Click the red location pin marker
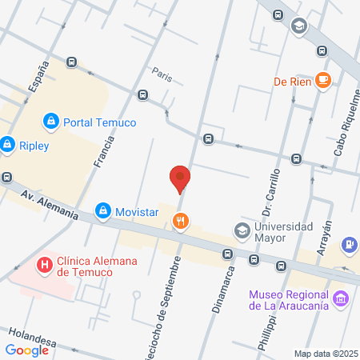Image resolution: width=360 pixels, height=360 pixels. pyautogui.click(x=181, y=178)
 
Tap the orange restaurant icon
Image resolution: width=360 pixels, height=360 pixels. pyautogui.click(x=182, y=221)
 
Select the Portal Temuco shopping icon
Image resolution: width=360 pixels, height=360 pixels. pyautogui.click(x=50, y=122)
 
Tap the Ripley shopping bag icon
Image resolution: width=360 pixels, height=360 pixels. pyautogui.click(x=8, y=145)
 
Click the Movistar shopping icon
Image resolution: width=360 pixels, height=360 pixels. pyautogui.click(x=102, y=211)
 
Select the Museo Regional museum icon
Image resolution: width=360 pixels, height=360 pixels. pyautogui.click(x=341, y=298)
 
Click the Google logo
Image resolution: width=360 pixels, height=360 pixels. pyautogui.click(x=27, y=350)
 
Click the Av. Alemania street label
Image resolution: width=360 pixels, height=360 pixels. pyautogui.click(x=50, y=205)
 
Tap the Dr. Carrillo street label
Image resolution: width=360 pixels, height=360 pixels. pyautogui.click(x=270, y=191)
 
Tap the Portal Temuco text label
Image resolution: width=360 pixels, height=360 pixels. pyautogui.click(x=100, y=122)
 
